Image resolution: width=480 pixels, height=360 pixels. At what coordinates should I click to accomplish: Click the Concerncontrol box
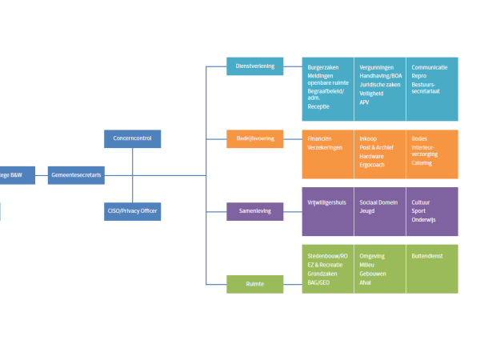point(132,138)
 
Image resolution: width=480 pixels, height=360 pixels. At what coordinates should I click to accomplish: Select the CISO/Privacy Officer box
point(132,211)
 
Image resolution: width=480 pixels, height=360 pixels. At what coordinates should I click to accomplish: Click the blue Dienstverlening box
point(254,66)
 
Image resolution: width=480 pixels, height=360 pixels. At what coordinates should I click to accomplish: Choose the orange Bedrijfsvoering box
point(254,138)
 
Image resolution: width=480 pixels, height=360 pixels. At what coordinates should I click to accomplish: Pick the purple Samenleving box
point(254,211)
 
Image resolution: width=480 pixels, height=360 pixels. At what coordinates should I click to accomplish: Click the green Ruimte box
point(254,283)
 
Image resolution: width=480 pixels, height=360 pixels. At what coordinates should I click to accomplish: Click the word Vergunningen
point(377,68)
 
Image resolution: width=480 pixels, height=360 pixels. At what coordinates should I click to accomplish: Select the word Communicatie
point(429,68)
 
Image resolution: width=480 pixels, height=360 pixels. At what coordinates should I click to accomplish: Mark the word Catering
point(422,163)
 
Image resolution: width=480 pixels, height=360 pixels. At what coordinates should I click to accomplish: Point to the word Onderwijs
point(425,220)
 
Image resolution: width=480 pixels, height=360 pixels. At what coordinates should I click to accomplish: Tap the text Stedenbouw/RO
point(328,257)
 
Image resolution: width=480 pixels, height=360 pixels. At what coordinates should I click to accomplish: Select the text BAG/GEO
point(318,282)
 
